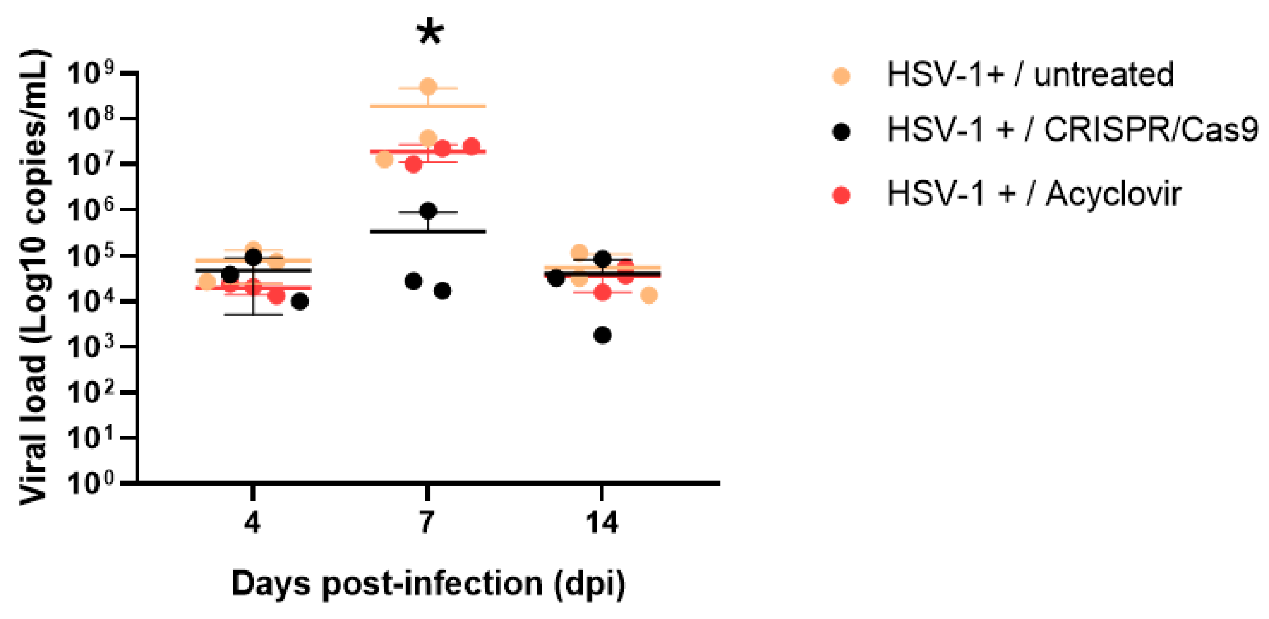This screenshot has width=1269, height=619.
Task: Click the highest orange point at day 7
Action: [428, 87]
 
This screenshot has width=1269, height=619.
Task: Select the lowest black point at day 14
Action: [603, 336]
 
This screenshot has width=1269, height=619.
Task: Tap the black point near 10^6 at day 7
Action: [428, 211]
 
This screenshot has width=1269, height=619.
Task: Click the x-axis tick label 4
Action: [252, 522]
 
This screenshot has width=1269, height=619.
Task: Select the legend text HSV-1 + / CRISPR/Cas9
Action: [1072, 130]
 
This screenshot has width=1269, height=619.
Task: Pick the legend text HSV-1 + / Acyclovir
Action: [1033, 194]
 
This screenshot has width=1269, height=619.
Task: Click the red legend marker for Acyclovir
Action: [842, 195]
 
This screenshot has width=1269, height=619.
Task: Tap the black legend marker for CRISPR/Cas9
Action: [842, 132]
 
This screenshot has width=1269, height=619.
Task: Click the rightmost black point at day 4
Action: [300, 302]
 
